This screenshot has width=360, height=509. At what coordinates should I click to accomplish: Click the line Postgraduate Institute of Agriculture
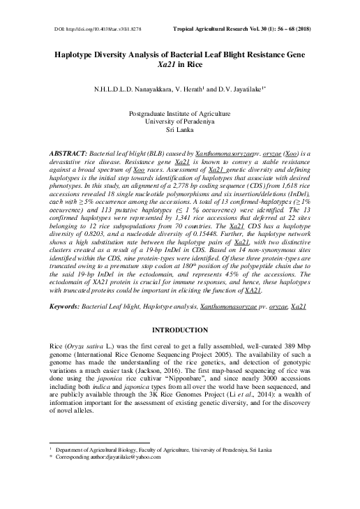tap(179, 114)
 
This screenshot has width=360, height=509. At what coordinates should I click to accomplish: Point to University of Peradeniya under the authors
tap(179, 122)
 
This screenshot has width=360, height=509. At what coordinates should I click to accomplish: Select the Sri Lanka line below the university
tap(179, 131)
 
